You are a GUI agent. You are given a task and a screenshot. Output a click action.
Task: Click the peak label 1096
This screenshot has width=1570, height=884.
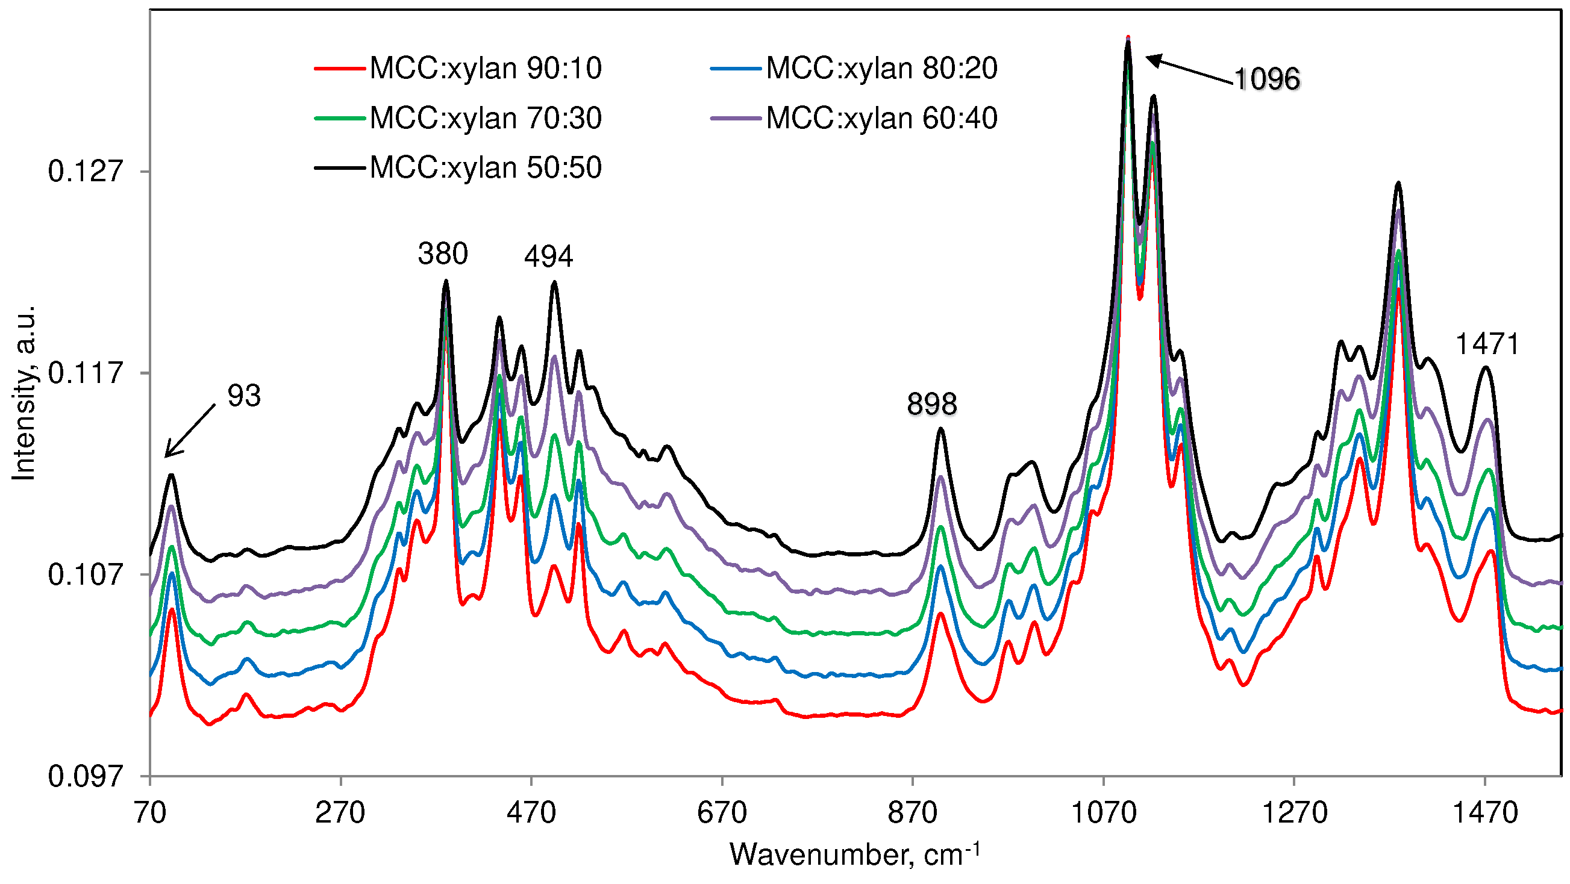[1266, 79]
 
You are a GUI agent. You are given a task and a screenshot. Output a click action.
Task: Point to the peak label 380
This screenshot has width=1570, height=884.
[442, 254]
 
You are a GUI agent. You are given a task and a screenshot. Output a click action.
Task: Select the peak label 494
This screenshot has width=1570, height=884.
[548, 256]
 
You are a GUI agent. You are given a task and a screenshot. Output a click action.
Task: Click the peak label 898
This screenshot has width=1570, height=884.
[932, 404]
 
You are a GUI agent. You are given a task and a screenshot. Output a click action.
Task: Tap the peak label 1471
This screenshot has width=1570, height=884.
[1487, 344]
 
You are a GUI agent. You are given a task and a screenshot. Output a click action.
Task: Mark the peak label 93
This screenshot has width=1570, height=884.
[244, 396]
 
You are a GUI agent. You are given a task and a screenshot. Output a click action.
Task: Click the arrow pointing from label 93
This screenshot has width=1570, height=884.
[190, 431]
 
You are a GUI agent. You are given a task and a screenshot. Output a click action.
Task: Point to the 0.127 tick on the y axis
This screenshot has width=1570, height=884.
[86, 171]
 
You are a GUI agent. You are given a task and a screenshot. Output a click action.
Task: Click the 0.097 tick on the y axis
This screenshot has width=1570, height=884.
[86, 776]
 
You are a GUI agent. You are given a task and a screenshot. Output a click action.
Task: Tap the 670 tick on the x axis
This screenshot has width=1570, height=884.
[722, 812]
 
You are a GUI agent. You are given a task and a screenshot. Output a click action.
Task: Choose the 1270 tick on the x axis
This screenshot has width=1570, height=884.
[1294, 812]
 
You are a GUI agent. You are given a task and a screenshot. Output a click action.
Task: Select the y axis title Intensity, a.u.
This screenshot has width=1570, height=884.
[24, 393]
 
